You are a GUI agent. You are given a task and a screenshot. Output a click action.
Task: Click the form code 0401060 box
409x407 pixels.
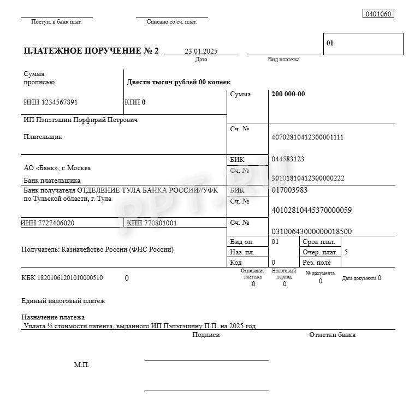378,14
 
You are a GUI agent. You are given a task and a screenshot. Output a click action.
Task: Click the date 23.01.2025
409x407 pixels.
201,51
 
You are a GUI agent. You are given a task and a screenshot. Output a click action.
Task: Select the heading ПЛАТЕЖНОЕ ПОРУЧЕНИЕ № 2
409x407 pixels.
91,51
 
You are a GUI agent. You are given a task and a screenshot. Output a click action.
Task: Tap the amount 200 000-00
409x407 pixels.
288,94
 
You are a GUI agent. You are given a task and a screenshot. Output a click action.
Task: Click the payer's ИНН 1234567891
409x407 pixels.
51,102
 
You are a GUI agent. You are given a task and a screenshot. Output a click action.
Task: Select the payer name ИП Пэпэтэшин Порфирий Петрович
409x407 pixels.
81,120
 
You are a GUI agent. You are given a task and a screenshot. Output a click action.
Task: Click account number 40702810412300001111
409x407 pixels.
307,137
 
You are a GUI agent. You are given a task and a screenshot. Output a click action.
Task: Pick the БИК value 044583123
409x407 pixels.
288,159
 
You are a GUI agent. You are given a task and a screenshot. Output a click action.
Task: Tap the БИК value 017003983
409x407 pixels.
289,190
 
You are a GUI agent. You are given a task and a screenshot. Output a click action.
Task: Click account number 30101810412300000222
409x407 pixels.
307,178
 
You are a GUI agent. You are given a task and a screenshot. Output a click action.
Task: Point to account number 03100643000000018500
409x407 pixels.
311,231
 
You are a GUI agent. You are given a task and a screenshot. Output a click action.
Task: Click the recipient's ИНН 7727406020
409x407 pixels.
48,223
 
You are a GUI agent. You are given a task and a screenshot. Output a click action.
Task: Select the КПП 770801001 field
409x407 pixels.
152,223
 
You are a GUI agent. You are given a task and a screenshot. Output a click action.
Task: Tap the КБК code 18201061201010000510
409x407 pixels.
62,278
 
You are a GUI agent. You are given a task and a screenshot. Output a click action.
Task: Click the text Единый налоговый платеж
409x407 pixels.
63,301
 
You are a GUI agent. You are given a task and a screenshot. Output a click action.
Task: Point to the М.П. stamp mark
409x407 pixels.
81,365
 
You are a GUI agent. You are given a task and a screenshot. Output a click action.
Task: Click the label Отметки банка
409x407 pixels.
332,335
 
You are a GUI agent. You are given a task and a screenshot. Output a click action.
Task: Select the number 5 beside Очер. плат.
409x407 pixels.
346,252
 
